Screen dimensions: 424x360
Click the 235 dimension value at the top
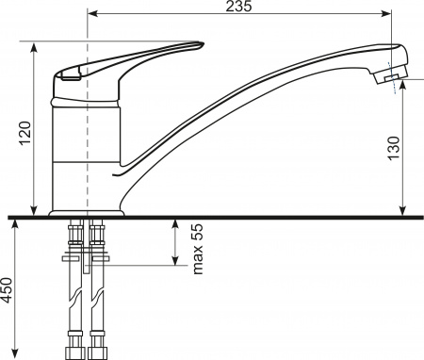pyautogui.click(x=238, y=6)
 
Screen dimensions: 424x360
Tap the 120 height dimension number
pyautogui.click(x=25, y=133)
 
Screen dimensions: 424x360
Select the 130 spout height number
pyautogui.click(x=394, y=148)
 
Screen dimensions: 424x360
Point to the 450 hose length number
pyautogui.click(x=7, y=290)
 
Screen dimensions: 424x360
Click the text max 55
pyautogui.click(x=198, y=249)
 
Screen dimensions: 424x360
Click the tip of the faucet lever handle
pyautogui.click(x=203, y=44)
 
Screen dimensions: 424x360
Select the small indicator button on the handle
pyautogui.click(x=72, y=74)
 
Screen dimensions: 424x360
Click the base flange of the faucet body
pyautogui.click(x=87, y=213)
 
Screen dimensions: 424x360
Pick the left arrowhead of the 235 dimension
pyautogui.click(x=91, y=13)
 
